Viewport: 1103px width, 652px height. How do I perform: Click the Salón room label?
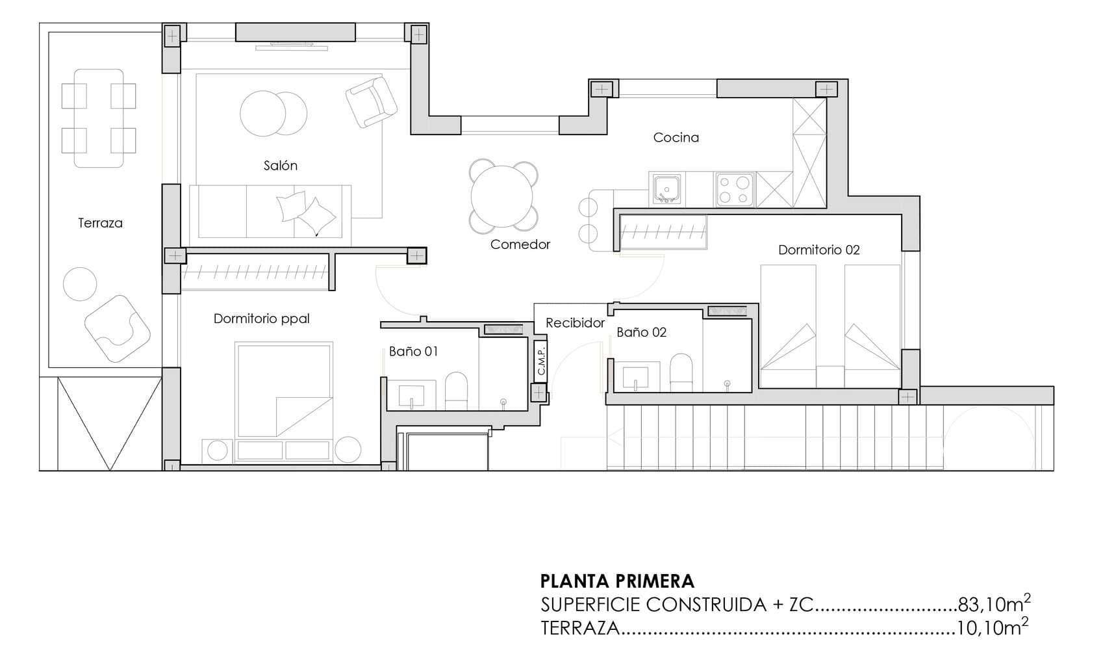coord(280,166)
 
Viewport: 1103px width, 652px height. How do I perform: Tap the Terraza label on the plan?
coord(101,223)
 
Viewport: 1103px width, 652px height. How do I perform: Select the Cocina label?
coord(676,138)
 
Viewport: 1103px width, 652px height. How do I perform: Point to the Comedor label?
coord(520,244)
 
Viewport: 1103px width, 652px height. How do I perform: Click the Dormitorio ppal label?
coord(262,319)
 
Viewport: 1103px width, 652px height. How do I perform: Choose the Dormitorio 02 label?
coord(819,250)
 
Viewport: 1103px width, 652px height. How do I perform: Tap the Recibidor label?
coord(575,323)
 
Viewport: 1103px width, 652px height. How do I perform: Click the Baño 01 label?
coord(413,352)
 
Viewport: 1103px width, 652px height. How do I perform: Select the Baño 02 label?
coord(641,332)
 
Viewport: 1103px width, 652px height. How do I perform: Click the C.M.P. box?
coord(540,361)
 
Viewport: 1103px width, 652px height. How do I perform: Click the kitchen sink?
coord(666,189)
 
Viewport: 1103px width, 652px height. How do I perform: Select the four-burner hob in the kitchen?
coord(733,189)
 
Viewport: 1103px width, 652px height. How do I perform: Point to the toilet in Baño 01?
coord(456,391)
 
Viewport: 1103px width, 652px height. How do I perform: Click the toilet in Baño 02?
coord(681,372)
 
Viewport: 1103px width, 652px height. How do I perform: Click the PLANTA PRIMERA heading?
coord(617,582)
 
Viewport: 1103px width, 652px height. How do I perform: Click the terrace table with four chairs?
coord(99,118)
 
